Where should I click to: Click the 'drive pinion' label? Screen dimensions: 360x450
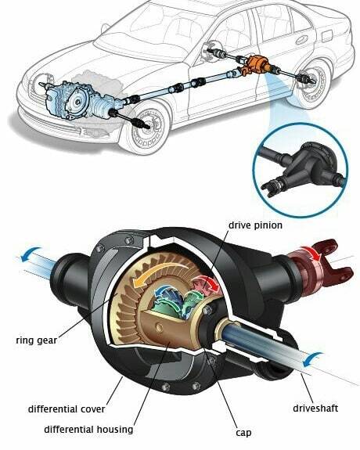(255, 225)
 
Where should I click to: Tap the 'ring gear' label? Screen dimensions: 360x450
(37, 340)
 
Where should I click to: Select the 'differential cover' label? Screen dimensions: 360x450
(67, 409)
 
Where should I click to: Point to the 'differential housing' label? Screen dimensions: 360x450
(88, 430)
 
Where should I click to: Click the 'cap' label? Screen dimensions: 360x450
(243, 433)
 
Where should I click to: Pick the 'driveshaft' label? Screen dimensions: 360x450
(315, 408)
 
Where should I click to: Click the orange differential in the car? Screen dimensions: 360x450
(255, 66)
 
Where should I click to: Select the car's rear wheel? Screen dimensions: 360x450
(312, 83)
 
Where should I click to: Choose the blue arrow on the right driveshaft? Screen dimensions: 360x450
(312, 359)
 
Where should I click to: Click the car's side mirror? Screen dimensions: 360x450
(105, 28)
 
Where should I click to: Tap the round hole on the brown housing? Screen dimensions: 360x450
(158, 327)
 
